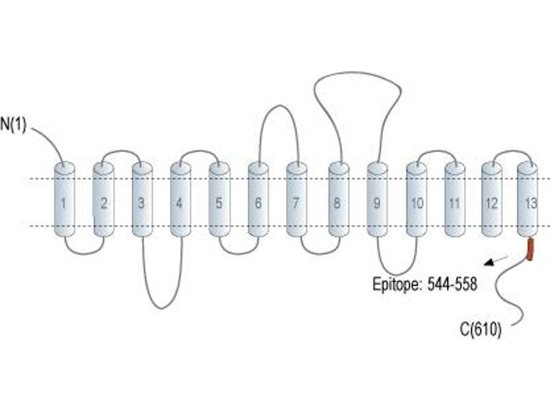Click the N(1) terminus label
tap(13, 125)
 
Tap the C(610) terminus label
tap(481, 330)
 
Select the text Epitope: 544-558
tap(425, 284)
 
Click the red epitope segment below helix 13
tap(529, 249)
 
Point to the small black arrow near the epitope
tap(496, 261)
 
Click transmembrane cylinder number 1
tap(64, 199)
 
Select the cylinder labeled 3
tap(142, 199)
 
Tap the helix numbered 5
tap(219, 199)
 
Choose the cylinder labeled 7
tap(297, 199)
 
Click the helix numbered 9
tap(377, 199)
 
